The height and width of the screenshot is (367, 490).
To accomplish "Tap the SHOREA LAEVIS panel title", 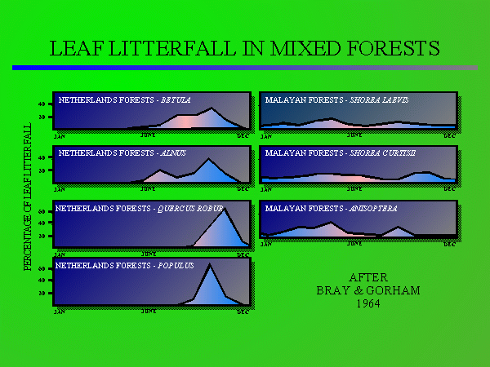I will tap(337, 100).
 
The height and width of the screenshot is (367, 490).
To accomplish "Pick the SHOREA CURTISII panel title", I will tap(341, 153).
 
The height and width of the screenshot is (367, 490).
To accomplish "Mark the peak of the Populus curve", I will tap(210, 265).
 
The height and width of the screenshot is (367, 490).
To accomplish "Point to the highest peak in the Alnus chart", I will tap(209, 159).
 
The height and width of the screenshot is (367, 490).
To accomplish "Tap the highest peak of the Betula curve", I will tap(212, 108).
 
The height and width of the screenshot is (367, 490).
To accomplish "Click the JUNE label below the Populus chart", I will tap(149, 311).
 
